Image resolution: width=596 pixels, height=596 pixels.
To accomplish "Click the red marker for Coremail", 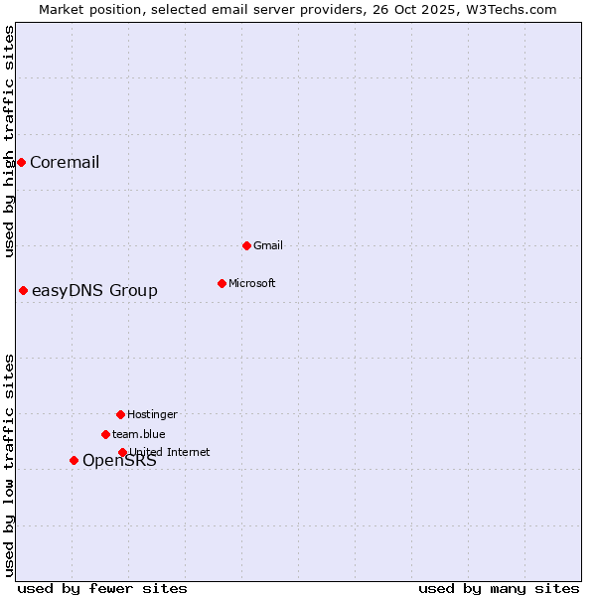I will coord(21,162).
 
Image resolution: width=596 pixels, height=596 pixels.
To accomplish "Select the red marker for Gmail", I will coord(246,245).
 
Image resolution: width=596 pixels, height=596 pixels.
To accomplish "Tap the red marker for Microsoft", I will coord(222,283).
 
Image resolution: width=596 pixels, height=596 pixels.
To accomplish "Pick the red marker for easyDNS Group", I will coord(23,290).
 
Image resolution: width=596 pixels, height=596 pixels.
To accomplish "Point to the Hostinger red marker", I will coord(120,414).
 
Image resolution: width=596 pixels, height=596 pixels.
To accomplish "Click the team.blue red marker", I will coord(105,434).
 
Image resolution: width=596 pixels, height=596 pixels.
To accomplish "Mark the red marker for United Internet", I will coord(122,452).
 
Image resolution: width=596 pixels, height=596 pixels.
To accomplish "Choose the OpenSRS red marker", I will coord(74,460).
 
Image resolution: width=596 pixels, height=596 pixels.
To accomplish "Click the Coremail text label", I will coord(65,163).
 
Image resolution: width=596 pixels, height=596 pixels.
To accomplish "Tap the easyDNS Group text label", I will coord(94,291).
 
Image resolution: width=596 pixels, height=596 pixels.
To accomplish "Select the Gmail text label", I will coord(268,245).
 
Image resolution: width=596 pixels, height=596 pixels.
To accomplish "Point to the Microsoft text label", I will coord(252,283).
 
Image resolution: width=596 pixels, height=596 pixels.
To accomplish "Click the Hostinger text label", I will coord(152,414).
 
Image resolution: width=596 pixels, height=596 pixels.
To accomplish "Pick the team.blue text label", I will coord(139,434).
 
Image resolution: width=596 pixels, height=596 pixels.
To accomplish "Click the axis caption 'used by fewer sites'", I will coord(102,588).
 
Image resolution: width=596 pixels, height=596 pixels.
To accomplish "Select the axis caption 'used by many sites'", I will coord(499,588).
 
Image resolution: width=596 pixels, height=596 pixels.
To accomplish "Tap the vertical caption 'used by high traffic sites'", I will coord(9,141).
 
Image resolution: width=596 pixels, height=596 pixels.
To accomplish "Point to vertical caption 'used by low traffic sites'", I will coord(9,465).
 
